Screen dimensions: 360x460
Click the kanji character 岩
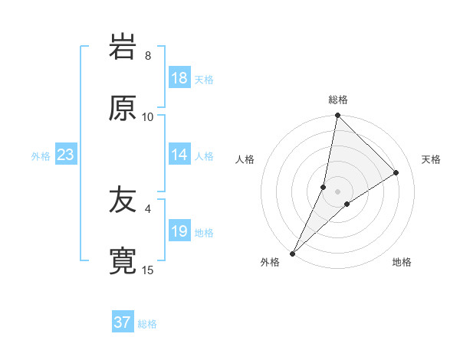click(x=123, y=47)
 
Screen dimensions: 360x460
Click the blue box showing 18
click(x=179, y=78)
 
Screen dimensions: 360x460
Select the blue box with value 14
click(x=179, y=155)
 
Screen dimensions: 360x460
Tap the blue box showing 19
click(x=179, y=231)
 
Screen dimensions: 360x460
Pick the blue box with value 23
click(x=66, y=155)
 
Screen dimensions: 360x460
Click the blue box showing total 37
click(x=123, y=322)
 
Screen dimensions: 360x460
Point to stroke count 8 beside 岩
click(x=148, y=55)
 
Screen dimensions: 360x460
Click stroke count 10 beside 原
click(x=148, y=116)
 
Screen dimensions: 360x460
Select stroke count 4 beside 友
click(x=148, y=208)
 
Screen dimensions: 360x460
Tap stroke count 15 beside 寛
click(x=148, y=270)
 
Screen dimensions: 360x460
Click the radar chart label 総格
click(x=338, y=100)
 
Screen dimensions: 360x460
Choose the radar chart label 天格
click(x=431, y=159)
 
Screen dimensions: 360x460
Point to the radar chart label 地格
click(x=402, y=262)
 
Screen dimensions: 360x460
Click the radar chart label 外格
click(x=270, y=262)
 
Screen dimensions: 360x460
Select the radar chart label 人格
click(x=245, y=159)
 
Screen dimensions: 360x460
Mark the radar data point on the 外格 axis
click(x=292, y=253)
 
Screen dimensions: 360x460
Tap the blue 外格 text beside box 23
click(x=41, y=155)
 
